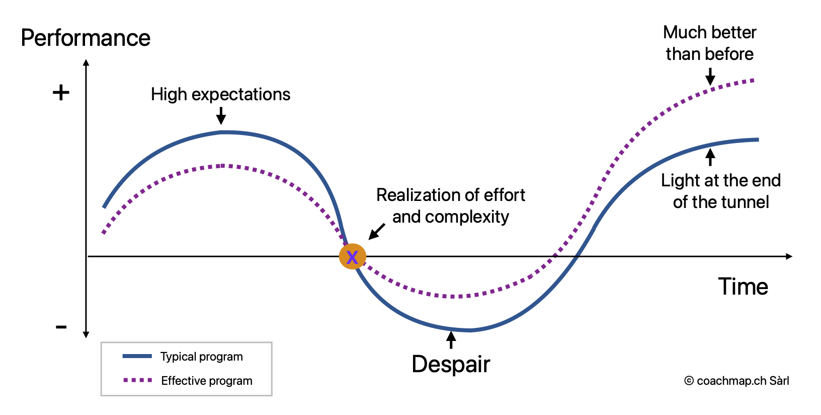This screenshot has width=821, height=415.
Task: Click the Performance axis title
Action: coord(86,38)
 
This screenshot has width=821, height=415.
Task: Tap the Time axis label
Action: coord(743,287)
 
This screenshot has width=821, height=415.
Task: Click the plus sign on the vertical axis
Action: coord(61,93)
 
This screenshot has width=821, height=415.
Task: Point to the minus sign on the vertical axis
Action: coord(61,327)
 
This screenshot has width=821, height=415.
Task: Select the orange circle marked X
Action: coord(352,256)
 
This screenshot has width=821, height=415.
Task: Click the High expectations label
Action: coord(220,94)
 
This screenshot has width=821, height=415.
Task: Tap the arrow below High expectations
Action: coord(220,116)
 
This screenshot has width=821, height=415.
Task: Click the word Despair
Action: coord(451,364)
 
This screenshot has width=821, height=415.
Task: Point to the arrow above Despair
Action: coord(451,340)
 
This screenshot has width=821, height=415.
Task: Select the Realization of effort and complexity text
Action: coord(450,205)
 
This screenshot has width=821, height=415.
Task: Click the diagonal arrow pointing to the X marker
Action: coord(377,232)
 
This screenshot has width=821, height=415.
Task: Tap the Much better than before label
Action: coord(709,43)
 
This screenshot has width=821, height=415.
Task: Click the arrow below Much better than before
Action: coord(710,77)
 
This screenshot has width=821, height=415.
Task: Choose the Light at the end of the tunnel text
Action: coord(720,191)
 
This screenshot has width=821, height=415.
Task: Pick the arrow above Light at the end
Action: coord(710,157)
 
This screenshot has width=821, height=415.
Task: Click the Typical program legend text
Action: coord(201,357)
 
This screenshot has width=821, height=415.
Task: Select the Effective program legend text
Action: coord(206,381)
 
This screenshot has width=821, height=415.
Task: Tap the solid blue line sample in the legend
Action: coord(137,356)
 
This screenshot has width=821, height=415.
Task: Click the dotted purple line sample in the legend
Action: coord(137,380)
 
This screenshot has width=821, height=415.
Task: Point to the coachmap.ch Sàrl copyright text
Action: coord(736,381)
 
